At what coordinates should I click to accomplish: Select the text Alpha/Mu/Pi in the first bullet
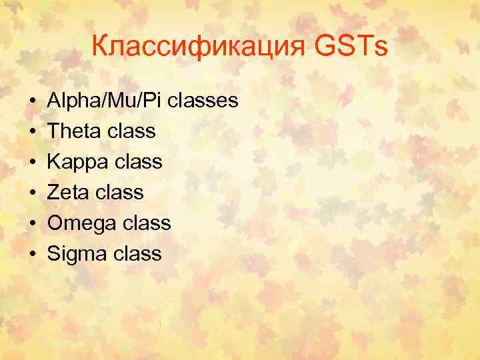(x=106, y=101)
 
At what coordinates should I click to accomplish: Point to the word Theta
(x=73, y=131)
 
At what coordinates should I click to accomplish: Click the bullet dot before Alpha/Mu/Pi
(x=33, y=101)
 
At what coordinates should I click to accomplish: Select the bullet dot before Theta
(x=33, y=132)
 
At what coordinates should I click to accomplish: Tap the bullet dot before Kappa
(x=33, y=163)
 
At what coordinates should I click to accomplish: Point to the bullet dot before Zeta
(x=33, y=193)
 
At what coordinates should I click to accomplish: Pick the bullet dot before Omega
(x=33, y=224)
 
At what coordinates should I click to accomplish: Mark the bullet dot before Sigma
(x=33, y=255)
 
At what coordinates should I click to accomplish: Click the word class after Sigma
(x=138, y=254)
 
